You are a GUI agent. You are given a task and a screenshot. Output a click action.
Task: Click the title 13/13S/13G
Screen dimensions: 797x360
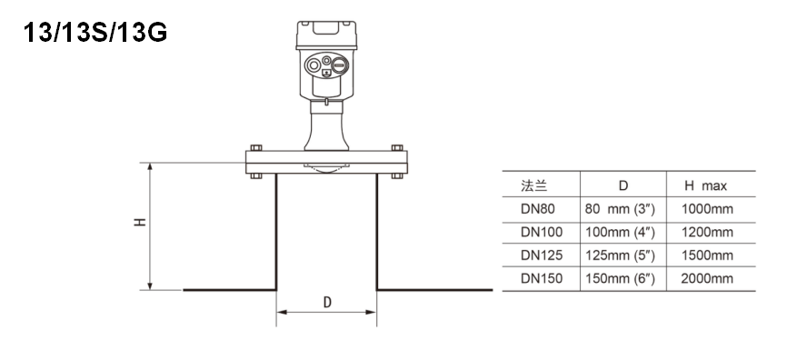pos(95,33)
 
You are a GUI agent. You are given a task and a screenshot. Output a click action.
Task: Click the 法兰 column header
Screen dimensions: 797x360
pos(533,185)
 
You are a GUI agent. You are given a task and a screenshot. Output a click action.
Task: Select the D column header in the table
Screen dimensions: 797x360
pos(623,185)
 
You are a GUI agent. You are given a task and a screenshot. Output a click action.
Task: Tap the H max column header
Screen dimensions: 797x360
pos(705,185)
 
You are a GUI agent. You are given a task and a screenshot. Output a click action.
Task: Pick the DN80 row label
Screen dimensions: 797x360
pos(538,209)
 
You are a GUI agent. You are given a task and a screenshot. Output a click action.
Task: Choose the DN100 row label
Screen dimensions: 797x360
pos(542,233)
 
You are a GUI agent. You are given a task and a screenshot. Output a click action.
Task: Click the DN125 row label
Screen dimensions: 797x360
pos(542,255)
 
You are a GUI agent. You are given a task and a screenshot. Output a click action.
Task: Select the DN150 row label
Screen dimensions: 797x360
pos(542,279)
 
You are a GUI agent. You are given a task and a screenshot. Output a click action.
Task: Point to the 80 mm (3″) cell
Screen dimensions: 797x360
pos(620,209)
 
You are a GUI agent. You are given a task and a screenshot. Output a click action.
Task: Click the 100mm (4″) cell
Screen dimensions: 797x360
pos(620,233)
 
